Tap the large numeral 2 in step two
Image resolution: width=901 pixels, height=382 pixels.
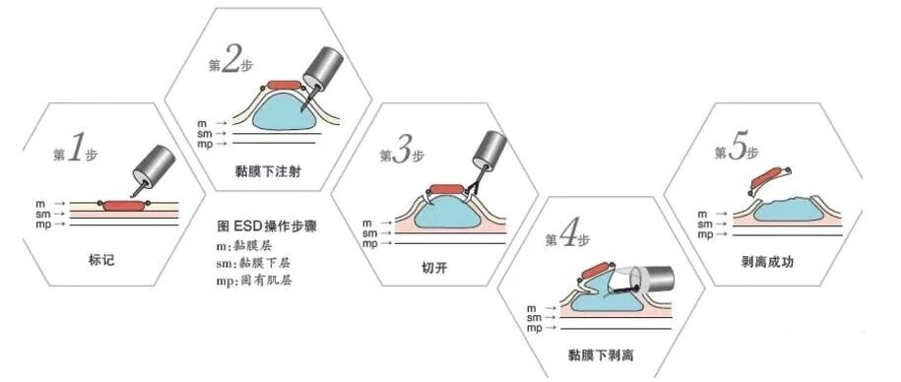(x=229, y=61)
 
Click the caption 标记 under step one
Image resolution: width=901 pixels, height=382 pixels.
(x=101, y=260)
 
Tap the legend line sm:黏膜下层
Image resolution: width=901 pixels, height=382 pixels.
(x=251, y=263)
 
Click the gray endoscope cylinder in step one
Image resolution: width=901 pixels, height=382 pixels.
(x=154, y=165)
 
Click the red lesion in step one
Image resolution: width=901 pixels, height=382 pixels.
(x=124, y=206)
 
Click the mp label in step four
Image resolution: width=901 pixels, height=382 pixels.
(x=534, y=328)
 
